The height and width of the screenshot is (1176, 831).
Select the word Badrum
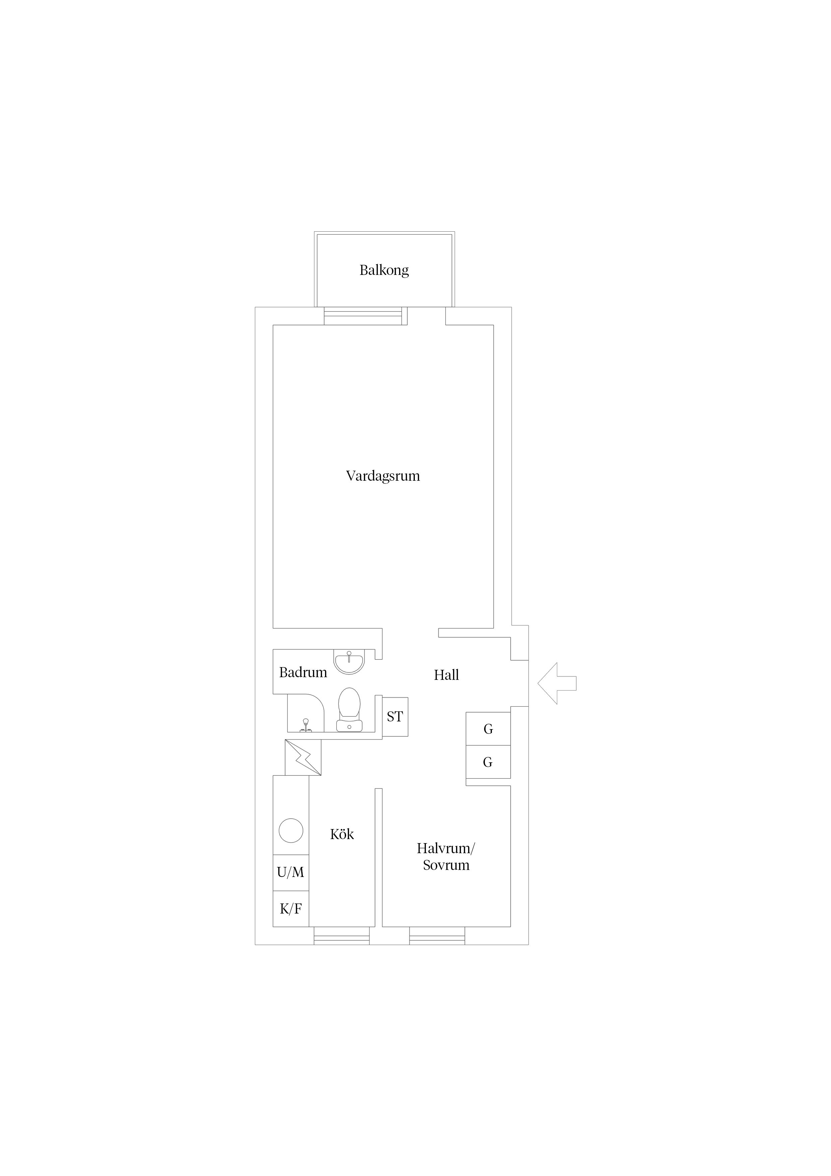(303, 672)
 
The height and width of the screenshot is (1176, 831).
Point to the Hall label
(446, 675)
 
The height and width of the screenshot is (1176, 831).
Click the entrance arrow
(557, 683)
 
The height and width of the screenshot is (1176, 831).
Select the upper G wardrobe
(488, 728)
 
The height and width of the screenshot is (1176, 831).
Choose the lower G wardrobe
(488, 762)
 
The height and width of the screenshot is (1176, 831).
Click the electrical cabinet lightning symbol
(304, 758)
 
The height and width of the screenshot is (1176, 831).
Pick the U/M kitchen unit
(291, 872)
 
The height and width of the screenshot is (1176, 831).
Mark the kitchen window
(341, 936)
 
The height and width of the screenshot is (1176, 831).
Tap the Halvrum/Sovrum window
(437, 936)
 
